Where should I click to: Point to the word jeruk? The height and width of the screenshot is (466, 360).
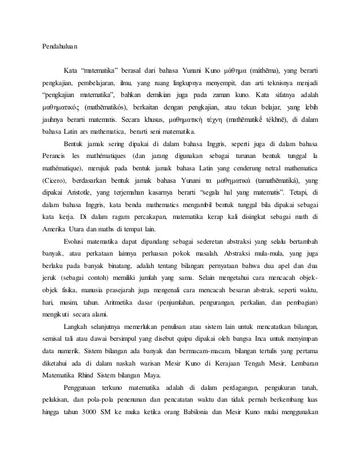[x=51, y=278]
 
